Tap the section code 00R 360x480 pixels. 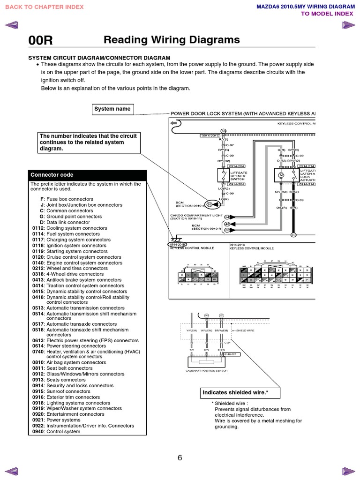click(x=41, y=41)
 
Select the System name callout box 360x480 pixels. click(x=112, y=109)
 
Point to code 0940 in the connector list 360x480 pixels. click(x=37, y=432)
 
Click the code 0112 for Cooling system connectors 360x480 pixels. click(x=37, y=228)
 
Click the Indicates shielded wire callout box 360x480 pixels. click(x=234, y=393)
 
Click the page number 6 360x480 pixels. click(x=180, y=458)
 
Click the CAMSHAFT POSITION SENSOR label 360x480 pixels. click(x=207, y=370)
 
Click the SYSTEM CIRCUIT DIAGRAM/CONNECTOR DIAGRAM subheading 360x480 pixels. click(x=99, y=58)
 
